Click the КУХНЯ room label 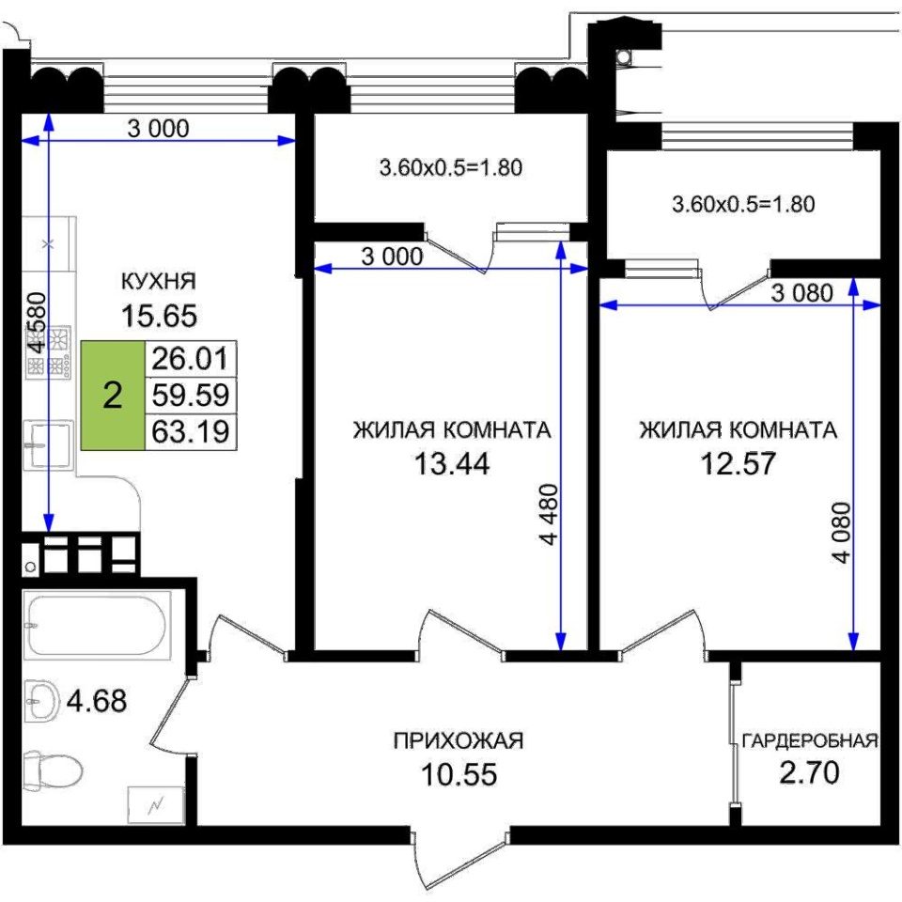point(159,281)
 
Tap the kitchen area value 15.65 point(159,316)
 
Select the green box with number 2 point(113,396)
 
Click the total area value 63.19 point(191,431)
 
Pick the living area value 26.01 point(191,359)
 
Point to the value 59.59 point(191,396)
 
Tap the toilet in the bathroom point(52,770)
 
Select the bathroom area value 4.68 point(97,701)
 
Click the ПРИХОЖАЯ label point(459,741)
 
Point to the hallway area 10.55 point(459,774)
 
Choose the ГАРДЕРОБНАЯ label point(810,741)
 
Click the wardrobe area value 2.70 point(809,772)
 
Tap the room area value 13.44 point(452,463)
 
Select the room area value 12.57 point(739,463)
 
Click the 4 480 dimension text point(550,515)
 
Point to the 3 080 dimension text point(801,293)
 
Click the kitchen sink point(48,443)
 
